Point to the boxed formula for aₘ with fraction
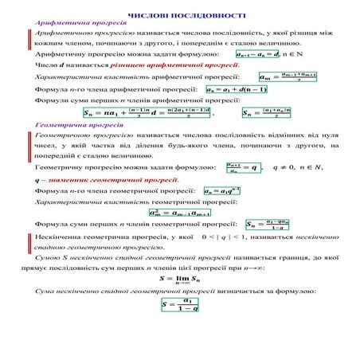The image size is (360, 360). [x=288, y=77]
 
